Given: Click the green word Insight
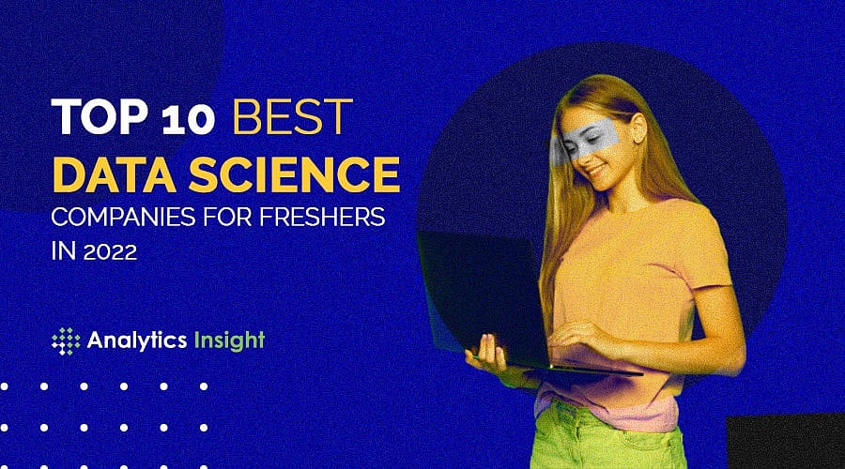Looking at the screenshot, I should coord(231,340).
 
